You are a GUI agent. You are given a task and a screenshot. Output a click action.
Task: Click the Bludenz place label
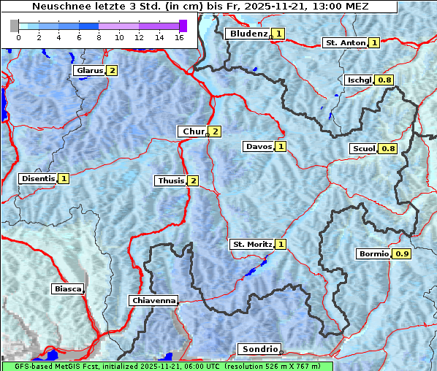[x=248, y=34]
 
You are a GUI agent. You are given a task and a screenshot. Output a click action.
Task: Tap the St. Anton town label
[x=344, y=43]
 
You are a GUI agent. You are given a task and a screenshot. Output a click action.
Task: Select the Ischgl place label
[x=359, y=80]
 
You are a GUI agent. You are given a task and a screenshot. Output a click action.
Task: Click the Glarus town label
[x=88, y=71]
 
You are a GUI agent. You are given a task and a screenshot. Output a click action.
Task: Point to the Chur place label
[x=193, y=131]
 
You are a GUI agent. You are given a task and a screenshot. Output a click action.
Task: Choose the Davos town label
[x=258, y=147]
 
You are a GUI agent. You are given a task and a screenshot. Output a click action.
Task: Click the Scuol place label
[x=363, y=149]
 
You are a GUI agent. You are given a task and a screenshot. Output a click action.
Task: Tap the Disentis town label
[x=37, y=178]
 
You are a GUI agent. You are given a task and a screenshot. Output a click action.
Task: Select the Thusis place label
[x=170, y=180]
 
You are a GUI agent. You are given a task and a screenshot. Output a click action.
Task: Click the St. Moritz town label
[x=251, y=244]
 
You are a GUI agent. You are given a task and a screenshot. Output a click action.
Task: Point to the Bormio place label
[x=373, y=254]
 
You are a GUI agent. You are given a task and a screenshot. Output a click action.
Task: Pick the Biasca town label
[x=67, y=288]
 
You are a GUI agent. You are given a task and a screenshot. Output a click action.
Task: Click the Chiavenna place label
[x=153, y=300]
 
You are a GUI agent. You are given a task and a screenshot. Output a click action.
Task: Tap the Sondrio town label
[x=259, y=349]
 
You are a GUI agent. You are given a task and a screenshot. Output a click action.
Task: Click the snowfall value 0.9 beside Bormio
[x=402, y=254]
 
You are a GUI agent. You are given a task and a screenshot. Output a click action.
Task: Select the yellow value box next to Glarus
[x=111, y=71]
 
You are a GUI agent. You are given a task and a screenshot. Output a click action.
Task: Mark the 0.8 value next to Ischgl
[x=384, y=80]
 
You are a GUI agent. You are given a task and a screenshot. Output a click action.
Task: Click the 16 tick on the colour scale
[x=178, y=37]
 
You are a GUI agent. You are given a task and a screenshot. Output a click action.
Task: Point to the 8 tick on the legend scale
[x=99, y=37]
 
